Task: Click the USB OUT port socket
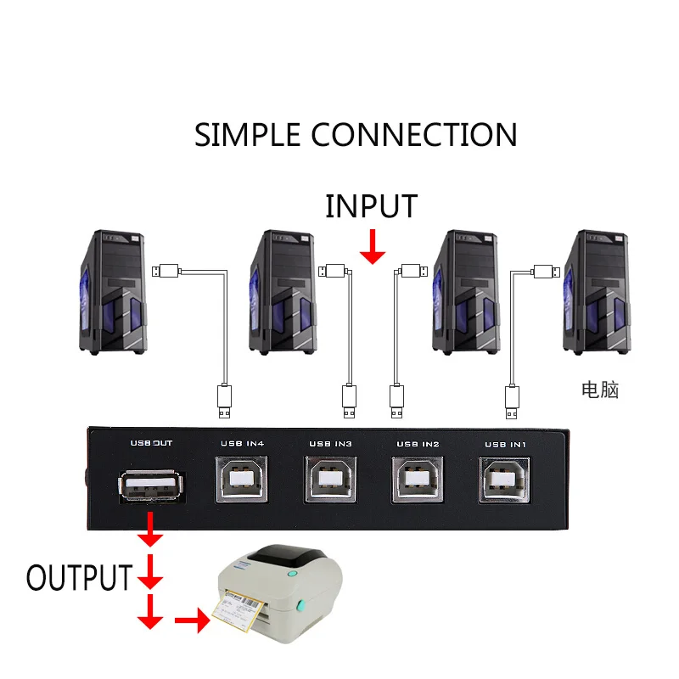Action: click(151, 486)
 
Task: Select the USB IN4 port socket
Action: click(242, 480)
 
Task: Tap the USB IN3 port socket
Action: click(330, 480)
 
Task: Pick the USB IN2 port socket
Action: click(418, 480)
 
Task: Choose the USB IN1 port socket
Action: click(504, 480)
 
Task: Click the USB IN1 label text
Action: click(505, 445)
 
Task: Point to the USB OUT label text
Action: click(151, 443)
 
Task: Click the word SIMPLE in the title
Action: click(247, 135)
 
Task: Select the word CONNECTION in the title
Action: click(414, 135)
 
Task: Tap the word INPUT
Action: click(371, 206)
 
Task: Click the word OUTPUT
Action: click(79, 578)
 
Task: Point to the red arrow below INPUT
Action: click(373, 246)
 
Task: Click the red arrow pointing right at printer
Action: click(193, 620)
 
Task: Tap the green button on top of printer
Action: click(293, 574)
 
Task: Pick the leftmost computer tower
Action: click(113, 292)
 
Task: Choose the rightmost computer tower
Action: click(597, 292)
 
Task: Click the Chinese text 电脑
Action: click(600, 390)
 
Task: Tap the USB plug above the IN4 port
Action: click(224, 401)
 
